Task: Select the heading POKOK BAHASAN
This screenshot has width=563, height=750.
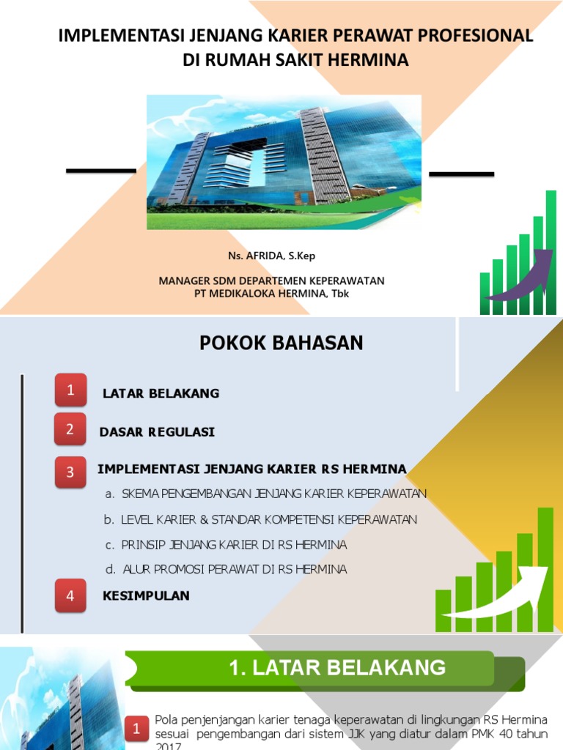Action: [x=281, y=343]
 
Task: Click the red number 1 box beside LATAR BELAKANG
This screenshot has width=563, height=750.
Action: [x=70, y=390]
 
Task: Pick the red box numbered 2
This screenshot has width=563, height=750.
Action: [x=70, y=429]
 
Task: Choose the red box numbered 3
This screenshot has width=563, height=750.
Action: [x=70, y=472]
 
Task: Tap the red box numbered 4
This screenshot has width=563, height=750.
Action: [x=70, y=595]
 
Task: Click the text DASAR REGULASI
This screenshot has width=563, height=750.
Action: [x=157, y=432]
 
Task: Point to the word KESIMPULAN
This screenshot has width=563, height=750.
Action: [x=146, y=595]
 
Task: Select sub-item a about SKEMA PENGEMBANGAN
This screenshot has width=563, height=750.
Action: [x=265, y=494]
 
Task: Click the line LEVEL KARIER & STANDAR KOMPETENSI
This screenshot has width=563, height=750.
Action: [x=260, y=519]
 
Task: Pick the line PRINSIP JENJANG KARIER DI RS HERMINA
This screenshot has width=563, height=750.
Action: [x=226, y=545]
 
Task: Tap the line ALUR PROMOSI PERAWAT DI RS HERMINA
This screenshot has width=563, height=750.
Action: [x=226, y=569]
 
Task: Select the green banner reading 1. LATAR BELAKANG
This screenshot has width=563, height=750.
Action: [x=327, y=668]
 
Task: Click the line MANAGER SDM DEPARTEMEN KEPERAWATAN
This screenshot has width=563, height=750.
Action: [x=271, y=281]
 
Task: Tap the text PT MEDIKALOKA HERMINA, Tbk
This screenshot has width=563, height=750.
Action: [x=271, y=293]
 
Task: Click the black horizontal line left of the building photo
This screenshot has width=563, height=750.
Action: [x=100, y=171]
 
